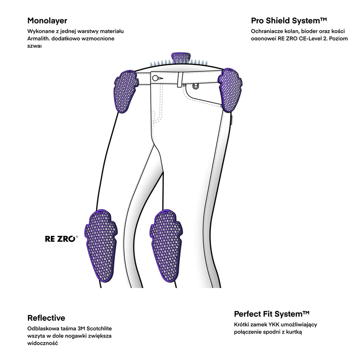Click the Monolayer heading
tap(47, 21)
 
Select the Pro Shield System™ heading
tap(288, 21)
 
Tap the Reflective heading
tap(46, 318)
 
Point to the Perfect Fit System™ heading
tap(272, 314)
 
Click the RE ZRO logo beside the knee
tap(62, 239)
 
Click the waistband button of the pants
tap(155, 78)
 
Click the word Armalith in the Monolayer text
tap(39, 39)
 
